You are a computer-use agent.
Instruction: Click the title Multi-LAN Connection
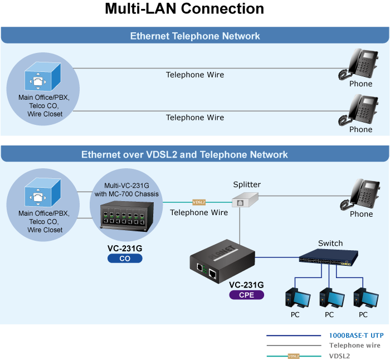tap(184, 9)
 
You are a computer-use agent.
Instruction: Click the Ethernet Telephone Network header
tap(195, 36)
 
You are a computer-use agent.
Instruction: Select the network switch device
tap(329, 259)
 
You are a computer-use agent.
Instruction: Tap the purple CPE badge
tap(246, 295)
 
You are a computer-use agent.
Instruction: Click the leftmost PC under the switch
tap(295, 298)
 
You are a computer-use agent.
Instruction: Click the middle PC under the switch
tap(329, 298)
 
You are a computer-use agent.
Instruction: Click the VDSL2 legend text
tap(340, 355)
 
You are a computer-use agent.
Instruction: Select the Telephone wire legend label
tap(355, 346)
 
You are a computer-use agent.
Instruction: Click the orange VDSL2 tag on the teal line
tap(199, 202)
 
